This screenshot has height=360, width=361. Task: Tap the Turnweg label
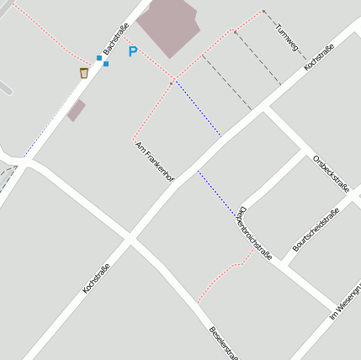[287, 34]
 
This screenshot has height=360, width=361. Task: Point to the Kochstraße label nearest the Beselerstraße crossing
[97, 278]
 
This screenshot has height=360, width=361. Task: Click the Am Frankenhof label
[154, 162]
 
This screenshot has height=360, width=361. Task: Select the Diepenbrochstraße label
[255, 233]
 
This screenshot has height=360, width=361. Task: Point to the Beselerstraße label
[223, 341]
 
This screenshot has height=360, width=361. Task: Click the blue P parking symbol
[132, 52]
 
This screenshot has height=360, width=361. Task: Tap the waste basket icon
[84, 73]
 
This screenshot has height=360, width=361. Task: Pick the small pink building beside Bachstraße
[77, 109]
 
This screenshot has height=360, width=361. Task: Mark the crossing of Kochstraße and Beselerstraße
[130, 240]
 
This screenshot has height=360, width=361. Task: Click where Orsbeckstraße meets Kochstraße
[267, 109]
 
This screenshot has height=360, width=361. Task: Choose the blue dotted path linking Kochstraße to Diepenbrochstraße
[217, 193]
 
